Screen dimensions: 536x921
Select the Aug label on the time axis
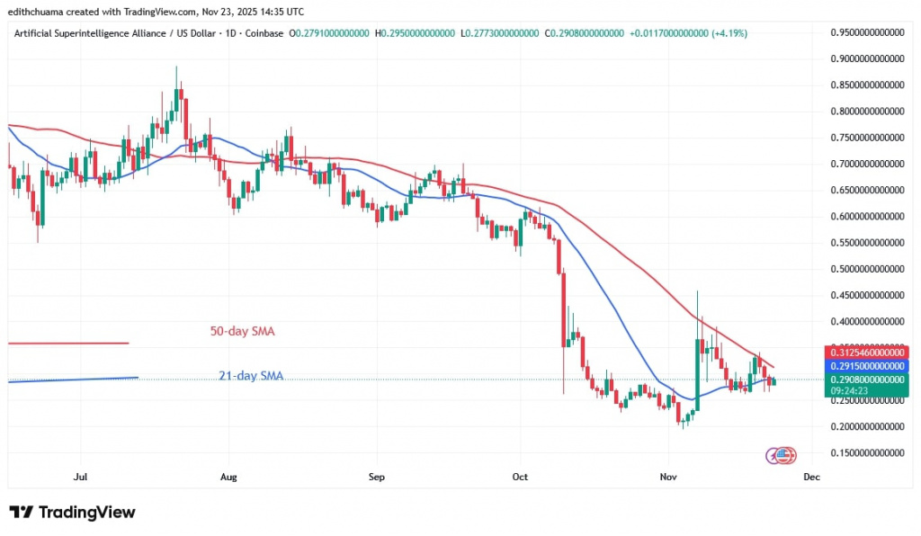[x=228, y=477]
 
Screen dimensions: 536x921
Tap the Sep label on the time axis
[x=377, y=477]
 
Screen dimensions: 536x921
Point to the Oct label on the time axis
[x=521, y=477]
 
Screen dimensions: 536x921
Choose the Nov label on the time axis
[x=667, y=477]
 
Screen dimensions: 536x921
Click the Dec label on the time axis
[x=810, y=477]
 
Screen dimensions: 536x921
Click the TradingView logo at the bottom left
[x=72, y=512]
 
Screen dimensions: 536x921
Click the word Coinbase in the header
[x=266, y=33]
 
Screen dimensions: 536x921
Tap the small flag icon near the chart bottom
[x=782, y=455]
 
